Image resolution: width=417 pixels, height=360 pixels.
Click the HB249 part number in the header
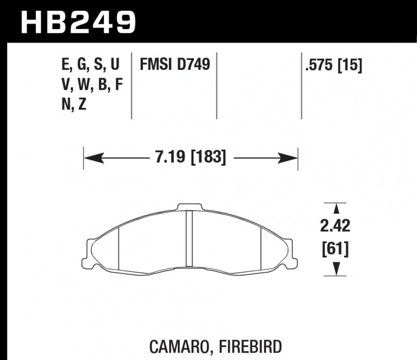pos(78,22)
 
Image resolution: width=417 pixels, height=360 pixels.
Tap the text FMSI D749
pos(174,65)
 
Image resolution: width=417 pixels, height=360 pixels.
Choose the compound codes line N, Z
pos(74,104)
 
